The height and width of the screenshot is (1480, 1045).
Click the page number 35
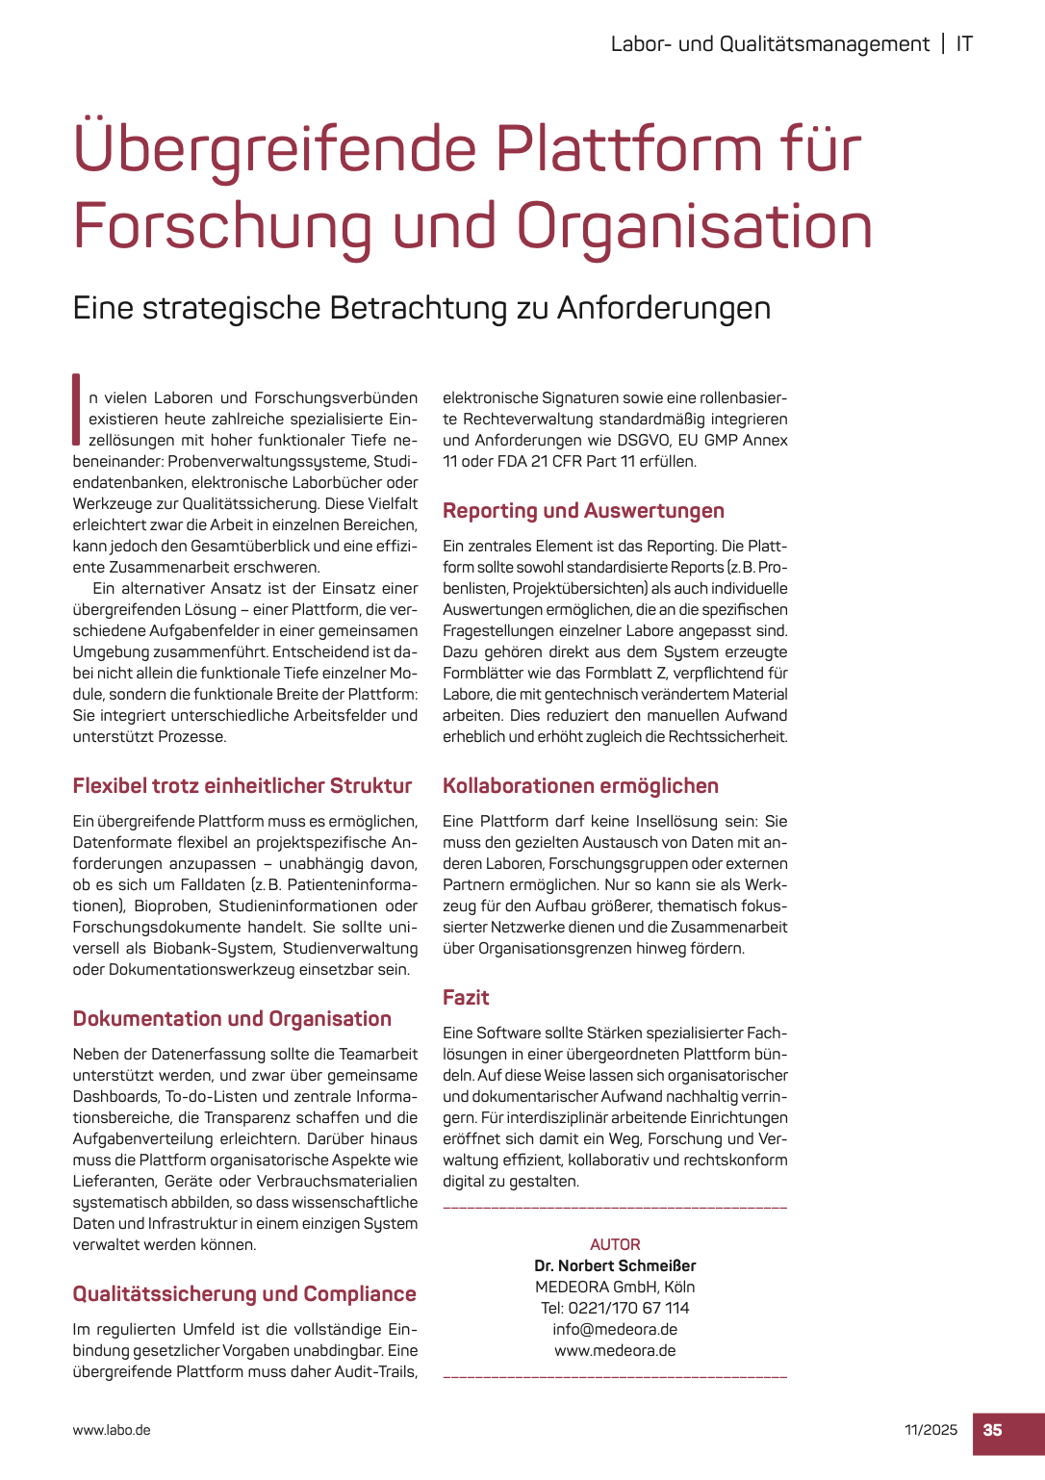click(992, 1430)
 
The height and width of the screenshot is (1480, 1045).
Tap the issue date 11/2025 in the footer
click(930, 1430)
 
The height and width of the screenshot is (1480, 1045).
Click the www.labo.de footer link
click(112, 1430)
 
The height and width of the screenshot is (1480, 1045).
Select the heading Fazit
click(466, 997)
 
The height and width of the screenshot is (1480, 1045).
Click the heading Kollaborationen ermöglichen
click(580, 785)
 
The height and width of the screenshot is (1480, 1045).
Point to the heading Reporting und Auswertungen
click(583, 510)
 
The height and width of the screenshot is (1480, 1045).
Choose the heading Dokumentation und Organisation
click(232, 1018)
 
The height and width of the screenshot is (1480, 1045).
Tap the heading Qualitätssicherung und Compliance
click(244, 1293)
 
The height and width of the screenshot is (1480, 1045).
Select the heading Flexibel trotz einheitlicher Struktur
click(242, 785)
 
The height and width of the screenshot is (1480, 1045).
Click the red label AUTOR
click(615, 1244)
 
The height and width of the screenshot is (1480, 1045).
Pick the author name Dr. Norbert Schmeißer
click(615, 1265)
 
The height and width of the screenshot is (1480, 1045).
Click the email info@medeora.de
click(615, 1329)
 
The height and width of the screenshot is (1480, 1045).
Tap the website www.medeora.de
click(615, 1350)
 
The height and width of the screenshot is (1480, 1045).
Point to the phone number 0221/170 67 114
click(628, 1308)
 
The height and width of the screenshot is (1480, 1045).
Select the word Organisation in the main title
click(694, 227)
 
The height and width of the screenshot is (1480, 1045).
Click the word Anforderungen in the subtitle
click(664, 308)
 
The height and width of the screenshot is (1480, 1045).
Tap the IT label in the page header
click(963, 44)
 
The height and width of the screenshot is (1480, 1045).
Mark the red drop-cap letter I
click(76, 408)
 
